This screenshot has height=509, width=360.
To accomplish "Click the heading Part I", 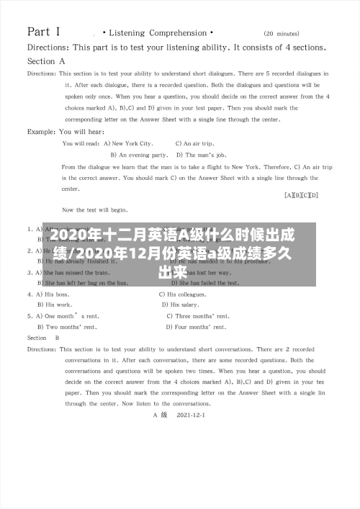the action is [x=43, y=32].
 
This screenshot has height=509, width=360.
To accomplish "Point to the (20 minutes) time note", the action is [x=282, y=34].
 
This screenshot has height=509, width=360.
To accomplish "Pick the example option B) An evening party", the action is [x=140, y=155].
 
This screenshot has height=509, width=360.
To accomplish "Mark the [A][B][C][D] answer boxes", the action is [x=302, y=195].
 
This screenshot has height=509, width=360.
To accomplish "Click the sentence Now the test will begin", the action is [x=95, y=210].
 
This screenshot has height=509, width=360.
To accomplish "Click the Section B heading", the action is [x=43, y=338].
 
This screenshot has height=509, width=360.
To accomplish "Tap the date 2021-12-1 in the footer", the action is [x=190, y=415].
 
